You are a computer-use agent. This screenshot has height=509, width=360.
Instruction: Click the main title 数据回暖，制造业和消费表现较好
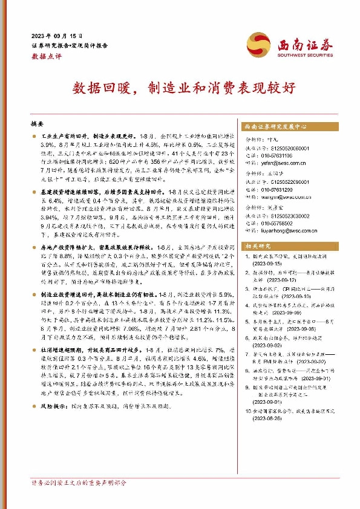[179, 86]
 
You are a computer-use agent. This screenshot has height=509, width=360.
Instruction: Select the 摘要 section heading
[37, 123]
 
